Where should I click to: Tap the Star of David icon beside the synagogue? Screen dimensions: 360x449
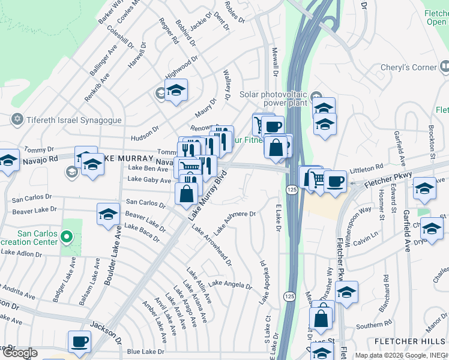pos(17,119)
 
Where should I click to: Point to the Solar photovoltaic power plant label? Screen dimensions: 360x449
pos(273,98)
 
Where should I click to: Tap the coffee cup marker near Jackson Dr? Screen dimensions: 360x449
pos(79,342)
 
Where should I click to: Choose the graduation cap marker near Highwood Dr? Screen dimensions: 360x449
pos(176,91)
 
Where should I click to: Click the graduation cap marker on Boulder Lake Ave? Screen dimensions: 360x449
pos(108,214)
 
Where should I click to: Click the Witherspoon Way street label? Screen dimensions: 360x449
pos(357,218)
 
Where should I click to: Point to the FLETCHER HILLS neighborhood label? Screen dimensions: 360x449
pos(408,341)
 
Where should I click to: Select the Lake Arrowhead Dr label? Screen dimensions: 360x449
pos(215,247)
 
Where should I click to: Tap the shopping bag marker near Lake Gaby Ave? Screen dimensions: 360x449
pos(187,193)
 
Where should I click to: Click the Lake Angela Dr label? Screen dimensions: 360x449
pos(231,284)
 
